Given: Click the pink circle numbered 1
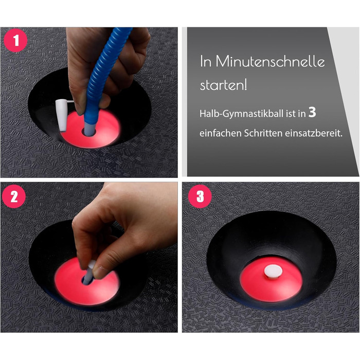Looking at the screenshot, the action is coord(15,41).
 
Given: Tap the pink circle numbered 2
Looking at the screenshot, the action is coord(14,196).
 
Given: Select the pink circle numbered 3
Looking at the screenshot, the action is coord(200,196).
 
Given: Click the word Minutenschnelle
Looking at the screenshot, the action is coord(270,62).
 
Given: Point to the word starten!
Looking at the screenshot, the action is coord(223,85).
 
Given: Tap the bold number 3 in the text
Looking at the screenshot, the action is coord(312,112).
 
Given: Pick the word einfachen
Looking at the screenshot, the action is coord(220,133).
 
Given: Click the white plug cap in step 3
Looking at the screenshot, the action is coord(273,272).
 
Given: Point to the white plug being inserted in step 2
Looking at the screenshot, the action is coord(88,273).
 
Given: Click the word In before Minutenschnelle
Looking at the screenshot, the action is coord(206,62).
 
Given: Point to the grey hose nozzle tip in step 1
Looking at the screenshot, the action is coord(90,128).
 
